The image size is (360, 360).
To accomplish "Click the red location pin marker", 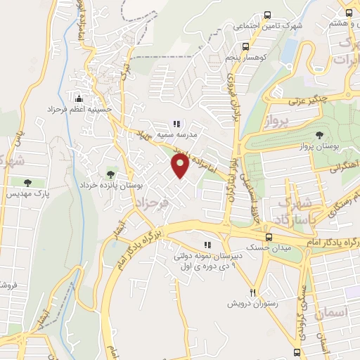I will pos(181,166).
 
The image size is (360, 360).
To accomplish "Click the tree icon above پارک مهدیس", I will pos(27,183).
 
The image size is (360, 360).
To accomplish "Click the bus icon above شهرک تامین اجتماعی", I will pos(267,15).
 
